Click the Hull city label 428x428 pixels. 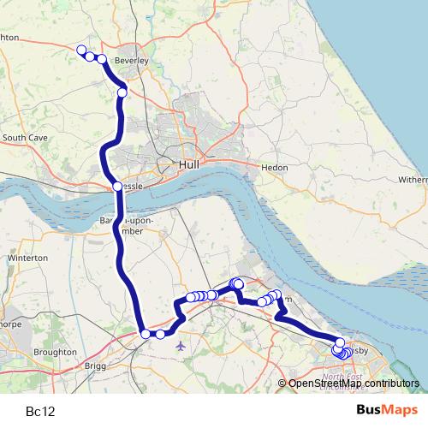pos(189,163)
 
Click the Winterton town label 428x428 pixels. pos(23,258)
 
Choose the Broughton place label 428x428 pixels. pos(55,352)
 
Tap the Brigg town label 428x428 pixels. pos(94,366)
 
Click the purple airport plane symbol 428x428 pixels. pos(180,346)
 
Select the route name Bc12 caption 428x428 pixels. pos(40,411)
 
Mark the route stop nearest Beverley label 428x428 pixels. pos(102,59)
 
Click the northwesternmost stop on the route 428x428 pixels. pos(81,50)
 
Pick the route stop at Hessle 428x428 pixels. pos(116,187)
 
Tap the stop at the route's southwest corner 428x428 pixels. pos(146,334)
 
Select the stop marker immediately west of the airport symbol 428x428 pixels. pos(160,334)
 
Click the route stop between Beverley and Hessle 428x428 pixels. pos(122,92)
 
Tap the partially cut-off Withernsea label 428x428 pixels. pos(413,181)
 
